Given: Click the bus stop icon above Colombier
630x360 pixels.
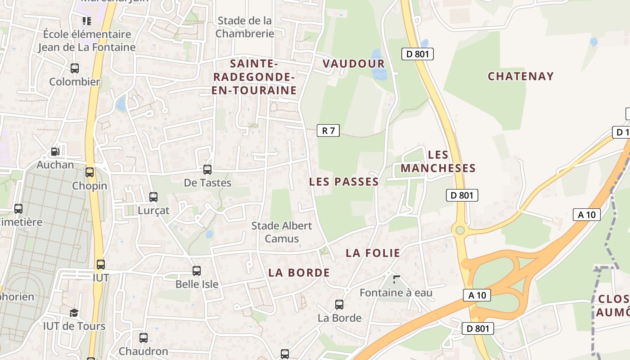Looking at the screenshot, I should [x=75, y=68].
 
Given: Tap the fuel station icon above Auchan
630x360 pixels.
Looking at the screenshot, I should [x=55, y=152].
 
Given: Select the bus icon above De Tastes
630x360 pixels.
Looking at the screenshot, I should [x=207, y=170].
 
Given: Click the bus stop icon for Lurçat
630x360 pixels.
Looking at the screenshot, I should [x=153, y=197].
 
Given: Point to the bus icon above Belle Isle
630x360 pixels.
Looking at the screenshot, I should [x=197, y=271].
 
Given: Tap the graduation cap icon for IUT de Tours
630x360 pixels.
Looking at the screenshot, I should [x=74, y=313].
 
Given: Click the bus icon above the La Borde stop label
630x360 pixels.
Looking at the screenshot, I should [x=339, y=305].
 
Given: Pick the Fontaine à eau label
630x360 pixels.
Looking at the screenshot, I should [x=396, y=292].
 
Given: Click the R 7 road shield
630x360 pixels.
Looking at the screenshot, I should [x=328, y=130].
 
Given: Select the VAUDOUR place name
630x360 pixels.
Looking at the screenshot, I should [x=354, y=63].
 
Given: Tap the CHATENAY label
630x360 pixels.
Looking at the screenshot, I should [x=521, y=76].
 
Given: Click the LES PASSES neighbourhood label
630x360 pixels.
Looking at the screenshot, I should [x=344, y=182].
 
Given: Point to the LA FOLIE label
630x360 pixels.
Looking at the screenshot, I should [x=373, y=253].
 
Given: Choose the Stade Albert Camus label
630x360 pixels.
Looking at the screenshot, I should [x=282, y=232].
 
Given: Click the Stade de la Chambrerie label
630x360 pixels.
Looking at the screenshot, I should [x=245, y=27].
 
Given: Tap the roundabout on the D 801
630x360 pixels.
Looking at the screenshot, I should [x=460, y=230].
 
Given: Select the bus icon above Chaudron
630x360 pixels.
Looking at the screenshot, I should [x=144, y=337].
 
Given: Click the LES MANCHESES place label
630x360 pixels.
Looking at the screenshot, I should [x=438, y=162].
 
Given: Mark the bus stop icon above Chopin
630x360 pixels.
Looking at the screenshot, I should [x=90, y=172].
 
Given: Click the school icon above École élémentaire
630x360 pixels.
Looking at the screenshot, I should [x=87, y=21].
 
